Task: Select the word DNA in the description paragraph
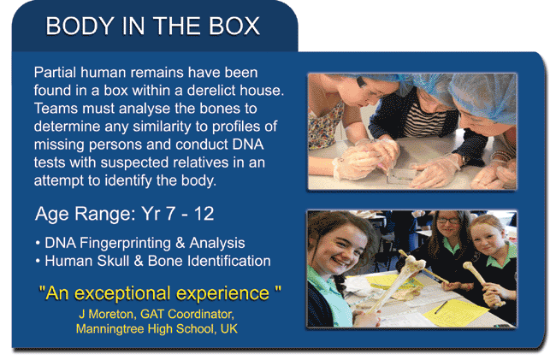point(248,145)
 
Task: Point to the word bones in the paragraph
point(220,109)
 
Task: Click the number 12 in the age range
point(204,214)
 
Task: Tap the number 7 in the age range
point(171,214)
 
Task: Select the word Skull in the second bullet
point(113,261)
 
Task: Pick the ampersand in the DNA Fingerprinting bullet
point(180,243)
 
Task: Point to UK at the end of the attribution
point(229,329)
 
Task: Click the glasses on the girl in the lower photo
point(448,221)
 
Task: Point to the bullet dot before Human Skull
point(38,262)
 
